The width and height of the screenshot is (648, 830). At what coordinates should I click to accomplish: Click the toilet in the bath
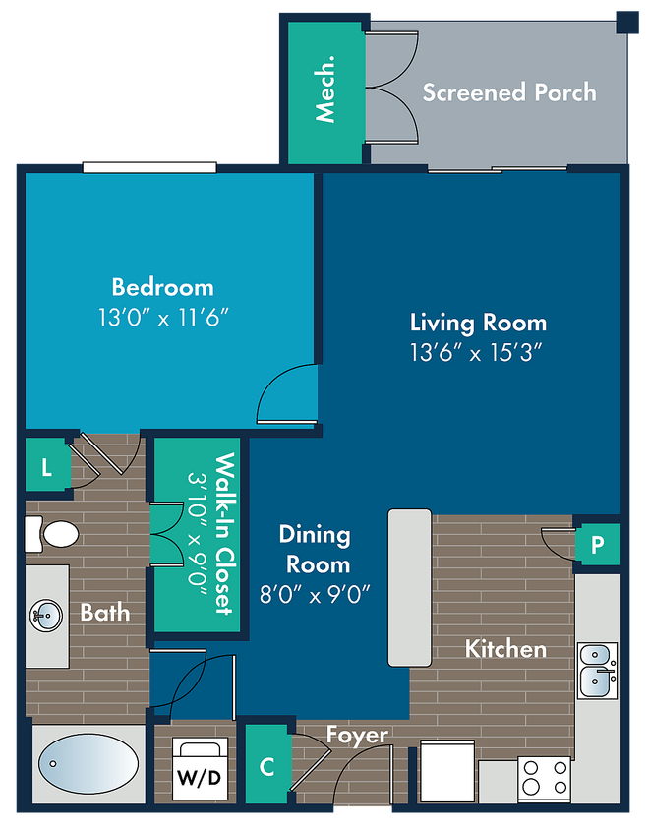[x=52, y=534]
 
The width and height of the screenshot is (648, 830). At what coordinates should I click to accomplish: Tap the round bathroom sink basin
[x=46, y=616]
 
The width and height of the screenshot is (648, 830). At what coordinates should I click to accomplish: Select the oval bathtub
[x=88, y=763]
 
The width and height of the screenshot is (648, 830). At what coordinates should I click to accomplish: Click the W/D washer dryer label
[x=199, y=777]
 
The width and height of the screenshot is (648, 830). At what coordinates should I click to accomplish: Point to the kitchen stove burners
[x=544, y=778]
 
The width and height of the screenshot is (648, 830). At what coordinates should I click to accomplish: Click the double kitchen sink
[x=597, y=671]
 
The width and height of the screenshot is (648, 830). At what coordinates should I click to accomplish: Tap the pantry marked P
[x=597, y=544]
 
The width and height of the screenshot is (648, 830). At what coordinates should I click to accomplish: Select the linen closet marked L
[x=47, y=467]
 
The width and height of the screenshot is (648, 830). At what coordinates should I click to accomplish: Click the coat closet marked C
[x=267, y=766]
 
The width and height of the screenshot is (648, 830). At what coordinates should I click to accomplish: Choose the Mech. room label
[x=325, y=89]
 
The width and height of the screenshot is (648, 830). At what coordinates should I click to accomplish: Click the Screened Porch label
[x=509, y=92]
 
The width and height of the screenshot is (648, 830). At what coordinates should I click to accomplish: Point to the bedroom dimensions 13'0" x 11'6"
[x=163, y=318]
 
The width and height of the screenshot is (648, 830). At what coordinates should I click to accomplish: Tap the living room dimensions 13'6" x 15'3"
[x=477, y=352]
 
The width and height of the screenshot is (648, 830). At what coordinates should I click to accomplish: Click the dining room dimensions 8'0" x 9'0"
[x=315, y=594]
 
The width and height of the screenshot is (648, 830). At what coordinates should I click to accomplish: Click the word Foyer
[x=357, y=735]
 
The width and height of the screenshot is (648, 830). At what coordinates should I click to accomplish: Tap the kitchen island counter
[x=409, y=587]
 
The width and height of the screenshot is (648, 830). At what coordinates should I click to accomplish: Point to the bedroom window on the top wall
[x=149, y=168]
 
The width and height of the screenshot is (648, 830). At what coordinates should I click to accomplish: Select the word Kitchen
[x=505, y=649]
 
